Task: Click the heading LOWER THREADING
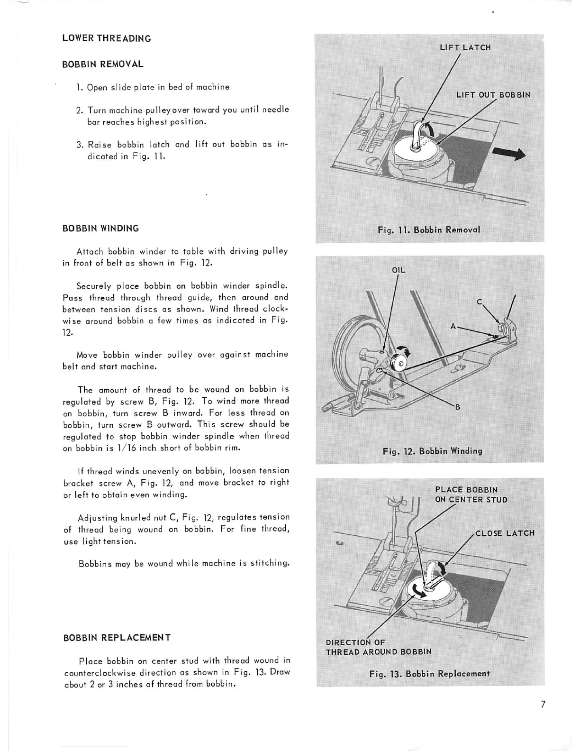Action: pyautogui.click(x=107, y=38)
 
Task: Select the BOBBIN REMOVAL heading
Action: pyautogui.click(x=103, y=64)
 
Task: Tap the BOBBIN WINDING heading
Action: pyautogui.click(x=101, y=228)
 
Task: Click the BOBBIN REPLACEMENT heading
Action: pyautogui.click(x=117, y=637)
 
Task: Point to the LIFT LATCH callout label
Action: pyautogui.click(x=465, y=47)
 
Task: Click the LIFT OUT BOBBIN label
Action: pyautogui.click(x=493, y=94)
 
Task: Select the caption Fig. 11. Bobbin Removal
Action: pyautogui.click(x=429, y=230)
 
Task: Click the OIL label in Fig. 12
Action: pyautogui.click(x=399, y=270)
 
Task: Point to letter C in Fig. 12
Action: pyautogui.click(x=479, y=302)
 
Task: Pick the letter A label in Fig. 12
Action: pyautogui.click(x=453, y=326)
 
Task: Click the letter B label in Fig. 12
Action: pyautogui.click(x=457, y=407)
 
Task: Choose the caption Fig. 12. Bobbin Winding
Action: pyautogui.click(x=432, y=450)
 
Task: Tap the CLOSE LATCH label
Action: pyautogui.click(x=505, y=533)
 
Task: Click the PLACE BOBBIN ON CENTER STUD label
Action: pyautogui.click(x=471, y=495)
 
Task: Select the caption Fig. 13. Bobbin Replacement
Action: pyautogui.click(x=429, y=673)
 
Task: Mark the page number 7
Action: pyautogui.click(x=543, y=704)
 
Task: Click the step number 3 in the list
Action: pyautogui.click(x=79, y=145)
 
